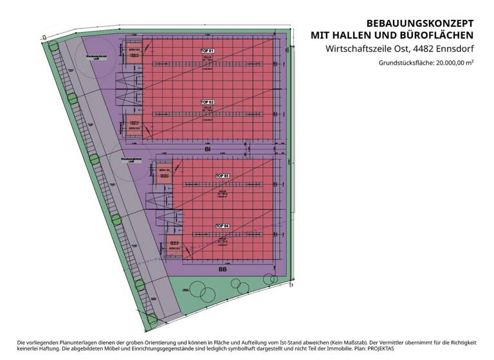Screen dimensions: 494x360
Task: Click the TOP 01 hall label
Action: [207, 50]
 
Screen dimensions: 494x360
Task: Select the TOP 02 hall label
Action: [207, 102]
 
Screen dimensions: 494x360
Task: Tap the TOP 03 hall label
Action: [222, 175]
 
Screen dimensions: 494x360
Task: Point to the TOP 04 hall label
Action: [222, 226]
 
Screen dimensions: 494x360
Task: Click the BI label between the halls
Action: [208, 149]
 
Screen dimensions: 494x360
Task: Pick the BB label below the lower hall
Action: [223, 269]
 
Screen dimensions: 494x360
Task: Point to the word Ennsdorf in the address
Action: [451, 49]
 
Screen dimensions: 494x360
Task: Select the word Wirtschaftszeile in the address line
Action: [354, 49]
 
